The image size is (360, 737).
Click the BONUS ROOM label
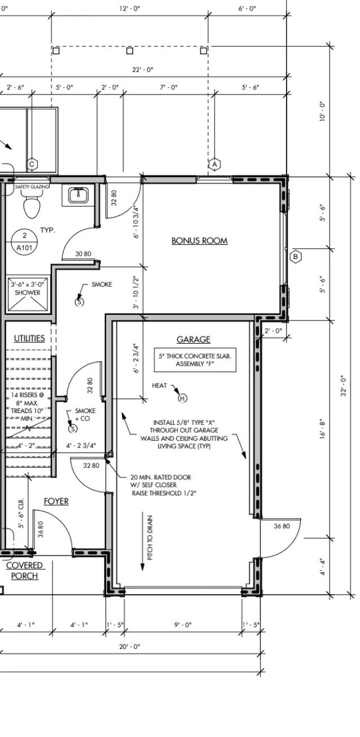pos(199,241)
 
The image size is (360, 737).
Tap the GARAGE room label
pos(194,339)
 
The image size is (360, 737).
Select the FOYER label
pos(56,502)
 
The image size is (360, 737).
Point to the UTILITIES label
pos(29,338)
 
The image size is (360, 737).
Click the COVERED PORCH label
pos(25,571)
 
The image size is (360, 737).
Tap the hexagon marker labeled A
pos(214,164)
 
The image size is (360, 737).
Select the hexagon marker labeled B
pos(296,257)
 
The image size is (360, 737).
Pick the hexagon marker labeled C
pos(32,164)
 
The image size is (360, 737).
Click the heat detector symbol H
pos(182,398)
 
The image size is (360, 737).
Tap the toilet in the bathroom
pos(32,204)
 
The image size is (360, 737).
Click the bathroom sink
pos(78,195)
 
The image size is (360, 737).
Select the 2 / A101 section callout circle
pos(24,242)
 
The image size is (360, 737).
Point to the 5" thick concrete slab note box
pos(195,360)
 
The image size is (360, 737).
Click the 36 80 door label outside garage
pos(282,526)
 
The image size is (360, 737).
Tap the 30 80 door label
pos(84,254)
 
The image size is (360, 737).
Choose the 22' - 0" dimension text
pos(143,70)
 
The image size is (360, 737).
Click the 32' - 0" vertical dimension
pos(344,386)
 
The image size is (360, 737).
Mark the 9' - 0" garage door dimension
pos(183,625)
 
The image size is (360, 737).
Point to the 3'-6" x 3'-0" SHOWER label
pos(27,288)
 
